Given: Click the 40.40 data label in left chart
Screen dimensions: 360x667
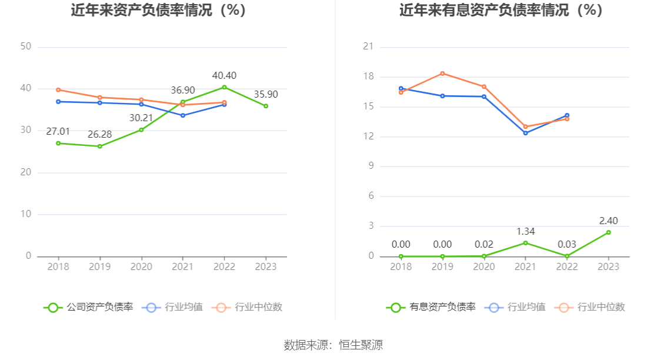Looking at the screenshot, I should coord(224,76).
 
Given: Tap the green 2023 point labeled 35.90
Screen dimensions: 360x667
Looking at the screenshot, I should coord(266,106).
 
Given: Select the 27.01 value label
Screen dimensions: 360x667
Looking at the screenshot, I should coord(58,131).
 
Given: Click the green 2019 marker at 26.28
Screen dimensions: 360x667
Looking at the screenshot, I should coord(99,146).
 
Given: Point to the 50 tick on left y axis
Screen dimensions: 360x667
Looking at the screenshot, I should coord(25,46).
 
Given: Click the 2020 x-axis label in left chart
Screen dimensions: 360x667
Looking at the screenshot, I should coord(141,266).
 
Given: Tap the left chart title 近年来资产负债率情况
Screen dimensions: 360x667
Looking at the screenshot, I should coord(158,11).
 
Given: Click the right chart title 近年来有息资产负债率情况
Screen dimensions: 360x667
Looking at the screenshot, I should coord(501,11).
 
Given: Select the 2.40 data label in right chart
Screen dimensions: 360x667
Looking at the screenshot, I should coord(608,221).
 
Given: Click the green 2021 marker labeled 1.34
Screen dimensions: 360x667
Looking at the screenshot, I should coord(525,243).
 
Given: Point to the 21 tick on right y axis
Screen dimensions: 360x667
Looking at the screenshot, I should coord(368,46).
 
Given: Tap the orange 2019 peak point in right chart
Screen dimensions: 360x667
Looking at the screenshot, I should coord(442,74).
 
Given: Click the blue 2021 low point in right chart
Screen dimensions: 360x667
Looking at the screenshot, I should coord(525,133).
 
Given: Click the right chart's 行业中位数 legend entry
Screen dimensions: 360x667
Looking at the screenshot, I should coord(601,307).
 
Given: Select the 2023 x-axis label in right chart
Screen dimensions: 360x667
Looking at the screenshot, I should coord(608,266).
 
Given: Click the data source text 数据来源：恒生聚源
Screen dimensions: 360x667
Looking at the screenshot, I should coord(333,345).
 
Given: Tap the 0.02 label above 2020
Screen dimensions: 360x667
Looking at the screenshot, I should coord(484,245).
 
